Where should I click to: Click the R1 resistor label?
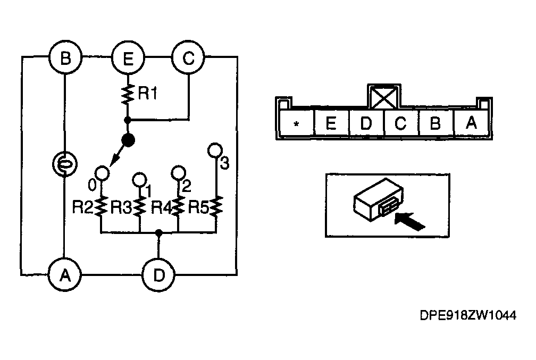(147, 93)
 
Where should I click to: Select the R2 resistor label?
(82, 207)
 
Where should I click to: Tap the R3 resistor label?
(121, 207)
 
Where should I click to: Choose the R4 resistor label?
(161, 207)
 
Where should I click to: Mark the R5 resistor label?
(198, 207)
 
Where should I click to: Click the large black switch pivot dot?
(128, 140)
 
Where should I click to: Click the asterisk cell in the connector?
(297, 123)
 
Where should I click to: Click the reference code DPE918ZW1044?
(467, 315)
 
